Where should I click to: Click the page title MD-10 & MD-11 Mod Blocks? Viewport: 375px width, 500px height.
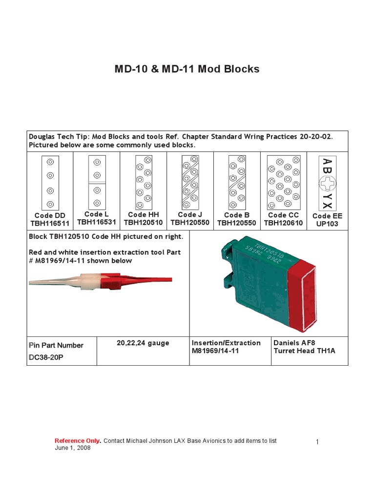click(187, 69)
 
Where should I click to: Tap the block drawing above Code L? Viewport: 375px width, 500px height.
click(97, 182)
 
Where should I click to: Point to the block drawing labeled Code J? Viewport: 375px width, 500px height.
click(190, 182)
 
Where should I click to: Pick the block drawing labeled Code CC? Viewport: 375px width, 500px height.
click(283, 182)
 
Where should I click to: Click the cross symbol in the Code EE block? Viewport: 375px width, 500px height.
click(327, 184)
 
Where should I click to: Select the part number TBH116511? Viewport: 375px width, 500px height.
click(50, 224)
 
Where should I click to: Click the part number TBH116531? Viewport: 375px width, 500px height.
click(97, 222)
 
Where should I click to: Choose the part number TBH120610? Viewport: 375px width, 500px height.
click(283, 223)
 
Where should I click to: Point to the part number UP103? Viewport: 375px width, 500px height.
click(327, 224)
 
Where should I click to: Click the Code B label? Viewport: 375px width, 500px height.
click(237, 215)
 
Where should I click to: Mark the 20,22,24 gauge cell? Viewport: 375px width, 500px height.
click(143, 343)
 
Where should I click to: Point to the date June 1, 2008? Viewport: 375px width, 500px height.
click(72, 448)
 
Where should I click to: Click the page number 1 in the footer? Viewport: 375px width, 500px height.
click(317, 442)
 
